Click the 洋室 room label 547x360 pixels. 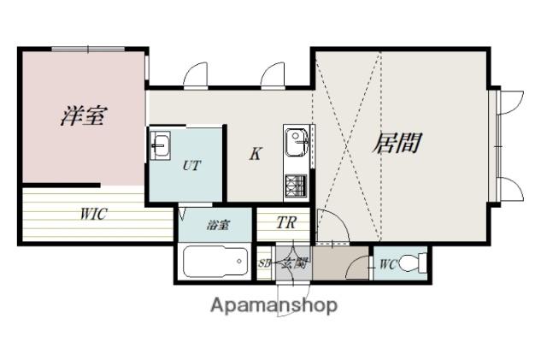(83, 116)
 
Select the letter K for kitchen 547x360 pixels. (255, 154)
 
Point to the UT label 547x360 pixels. (191, 166)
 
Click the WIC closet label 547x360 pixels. (94, 215)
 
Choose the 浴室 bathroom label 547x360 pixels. (217, 227)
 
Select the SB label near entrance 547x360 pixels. (265, 263)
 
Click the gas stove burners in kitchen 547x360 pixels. (297, 183)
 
